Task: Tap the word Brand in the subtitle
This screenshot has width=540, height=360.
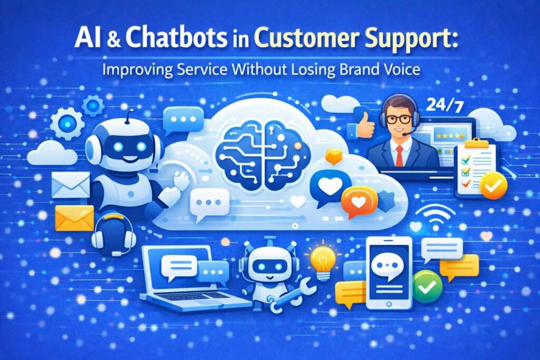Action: click(x=360, y=71)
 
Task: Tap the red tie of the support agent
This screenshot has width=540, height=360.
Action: click(x=399, y=155)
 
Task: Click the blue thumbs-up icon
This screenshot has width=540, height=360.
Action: click(x=364, y=124)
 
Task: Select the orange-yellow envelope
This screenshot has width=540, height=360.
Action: click(x=74, y=218)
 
